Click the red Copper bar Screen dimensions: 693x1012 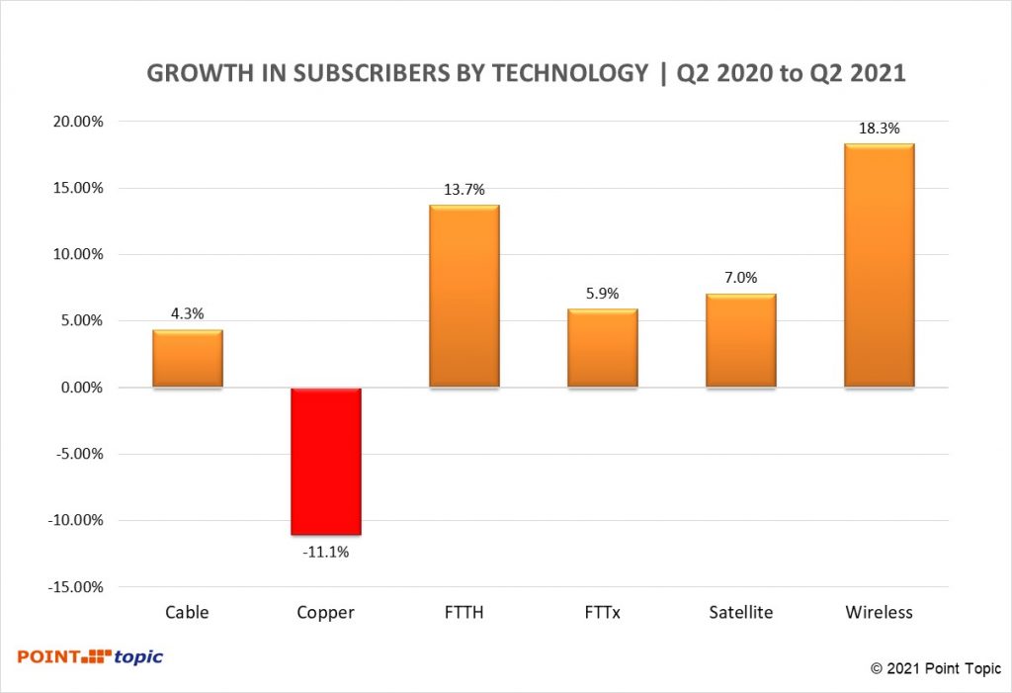tap(326, 461)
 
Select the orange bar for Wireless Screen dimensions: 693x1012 tap(879, 266)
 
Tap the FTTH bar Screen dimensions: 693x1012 tap(464, 297)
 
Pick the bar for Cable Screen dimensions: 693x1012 tap(188, 359)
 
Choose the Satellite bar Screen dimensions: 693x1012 tap(740, 341)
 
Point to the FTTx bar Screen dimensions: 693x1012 tap(603, 348)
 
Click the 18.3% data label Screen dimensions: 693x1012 tap(880, 129)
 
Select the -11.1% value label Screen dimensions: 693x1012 tap(326, 551)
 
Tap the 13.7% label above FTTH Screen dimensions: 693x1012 tap(464, 190)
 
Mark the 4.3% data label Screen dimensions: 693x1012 tap(188, 314)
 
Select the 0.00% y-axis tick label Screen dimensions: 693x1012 tap(78, 388)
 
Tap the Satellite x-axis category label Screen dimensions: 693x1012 tap(740, 613)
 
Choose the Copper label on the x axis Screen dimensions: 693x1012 tap(326, 613)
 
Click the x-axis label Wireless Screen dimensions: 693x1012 tap(879, 613)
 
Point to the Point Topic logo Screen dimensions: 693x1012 tap(90, 656)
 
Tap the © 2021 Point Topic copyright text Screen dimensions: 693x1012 tap(935, 669)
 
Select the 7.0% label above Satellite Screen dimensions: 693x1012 tap(740, 278)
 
